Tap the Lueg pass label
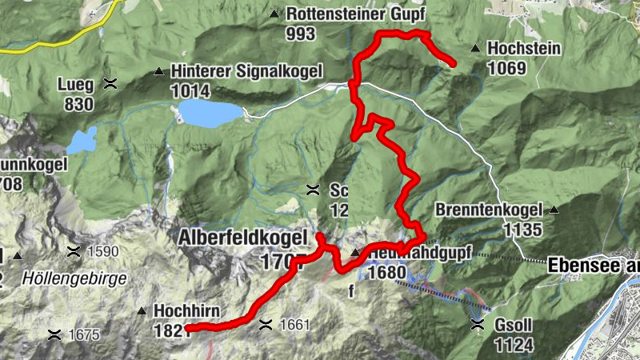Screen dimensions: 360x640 76,84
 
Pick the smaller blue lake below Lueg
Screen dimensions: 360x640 81,142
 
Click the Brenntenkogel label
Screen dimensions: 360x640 489,210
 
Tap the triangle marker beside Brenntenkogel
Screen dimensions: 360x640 554,210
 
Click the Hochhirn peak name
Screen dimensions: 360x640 188,310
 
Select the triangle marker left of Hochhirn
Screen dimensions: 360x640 142,310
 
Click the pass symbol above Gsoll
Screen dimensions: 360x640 478,324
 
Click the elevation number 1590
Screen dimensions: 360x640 103,251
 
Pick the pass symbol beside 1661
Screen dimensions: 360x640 266,325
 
